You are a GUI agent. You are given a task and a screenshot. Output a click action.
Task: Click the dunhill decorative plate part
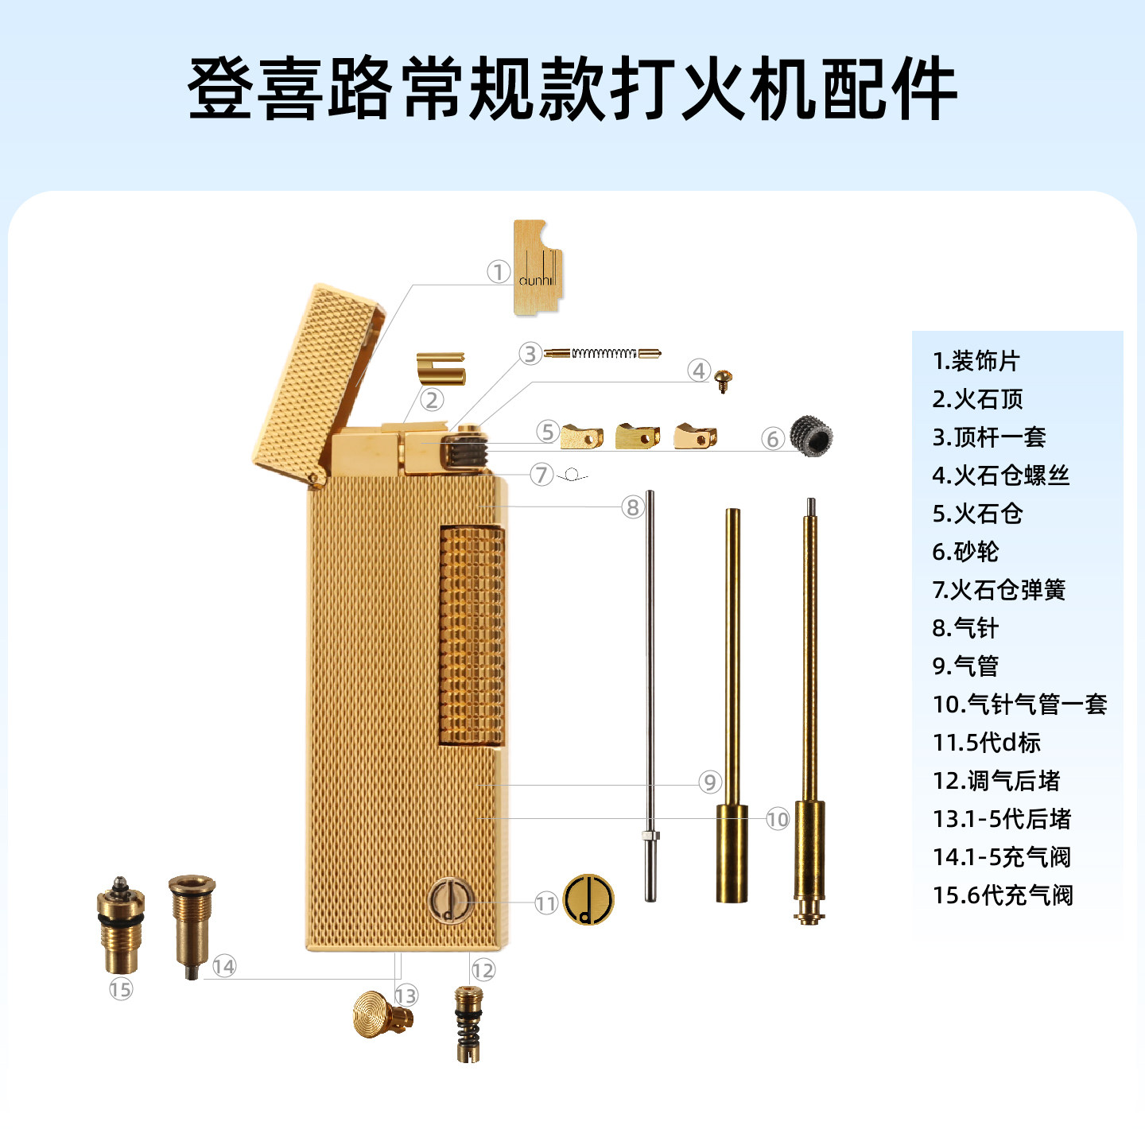[x=538, y=267]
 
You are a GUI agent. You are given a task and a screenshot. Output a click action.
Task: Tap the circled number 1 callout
[x=499, y=272]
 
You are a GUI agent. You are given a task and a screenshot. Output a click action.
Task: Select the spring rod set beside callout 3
[x=603, y=353]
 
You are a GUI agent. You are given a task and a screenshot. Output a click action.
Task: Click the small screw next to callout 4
[x=723, y=379]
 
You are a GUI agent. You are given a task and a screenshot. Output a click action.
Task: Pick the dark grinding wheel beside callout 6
[x=811, y=436]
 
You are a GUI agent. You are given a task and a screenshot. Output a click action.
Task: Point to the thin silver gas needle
[x=650, y=692]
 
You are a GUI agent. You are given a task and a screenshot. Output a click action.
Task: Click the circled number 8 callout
[x=632, y=507]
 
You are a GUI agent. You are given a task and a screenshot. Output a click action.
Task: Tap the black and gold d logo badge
[x=588, y=899]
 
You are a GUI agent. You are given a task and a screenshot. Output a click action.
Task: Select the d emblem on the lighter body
[x=450, y=901]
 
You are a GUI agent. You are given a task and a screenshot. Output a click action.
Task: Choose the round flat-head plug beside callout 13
[x=381, y=1015]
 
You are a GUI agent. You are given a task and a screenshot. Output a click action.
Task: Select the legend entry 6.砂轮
[x=965, y=552]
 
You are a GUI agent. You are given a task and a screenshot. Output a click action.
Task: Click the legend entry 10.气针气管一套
[x=1019, y=704]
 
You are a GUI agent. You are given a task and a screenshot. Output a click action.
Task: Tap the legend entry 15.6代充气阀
[x=1003, y=895]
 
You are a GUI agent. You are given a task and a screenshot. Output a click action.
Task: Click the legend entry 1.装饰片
[x=976, y=361]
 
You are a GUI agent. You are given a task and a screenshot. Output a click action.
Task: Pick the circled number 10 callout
[x=778, y=819]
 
